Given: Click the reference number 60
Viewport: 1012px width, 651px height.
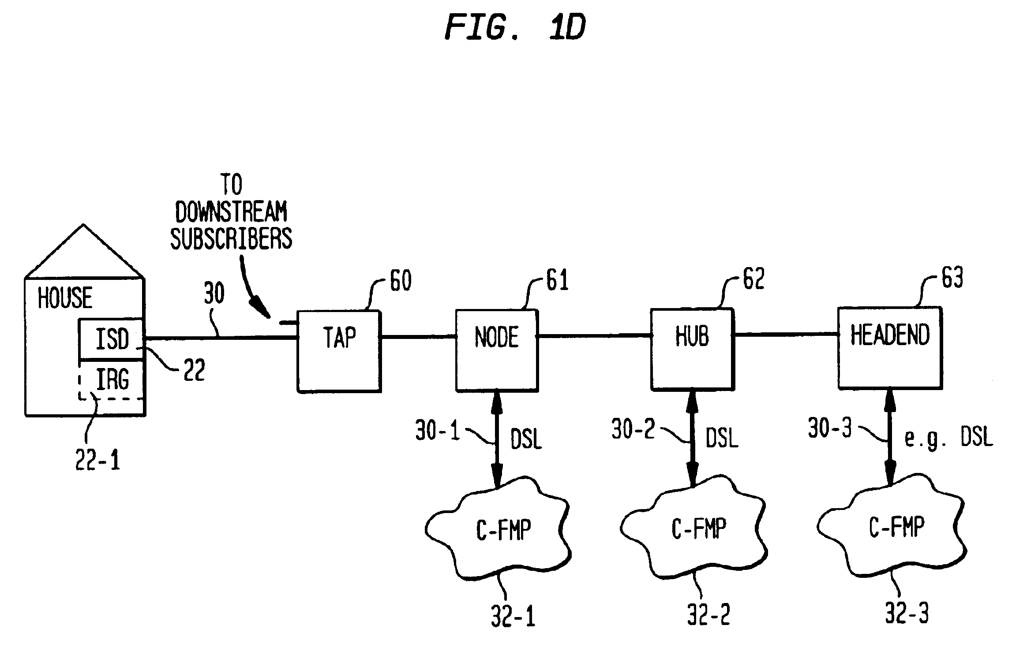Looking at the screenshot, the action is coord(401,281).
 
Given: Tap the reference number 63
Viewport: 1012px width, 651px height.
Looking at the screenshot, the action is coord(952,278).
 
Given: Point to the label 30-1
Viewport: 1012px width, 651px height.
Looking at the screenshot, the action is coord(438,430).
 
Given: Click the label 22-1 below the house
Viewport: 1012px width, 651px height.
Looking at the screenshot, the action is coord(97,461).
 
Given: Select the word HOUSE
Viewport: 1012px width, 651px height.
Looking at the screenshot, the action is coord(65,298).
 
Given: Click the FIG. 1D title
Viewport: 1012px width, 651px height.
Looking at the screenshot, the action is coord(515,27).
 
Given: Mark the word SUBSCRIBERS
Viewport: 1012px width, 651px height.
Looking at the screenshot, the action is coord(231,238).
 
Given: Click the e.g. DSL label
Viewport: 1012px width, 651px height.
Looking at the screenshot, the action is coord(948,438).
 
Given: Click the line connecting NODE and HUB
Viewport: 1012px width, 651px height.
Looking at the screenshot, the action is coord(595,336).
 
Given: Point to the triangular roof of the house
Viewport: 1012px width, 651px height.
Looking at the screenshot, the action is coord(84,251).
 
